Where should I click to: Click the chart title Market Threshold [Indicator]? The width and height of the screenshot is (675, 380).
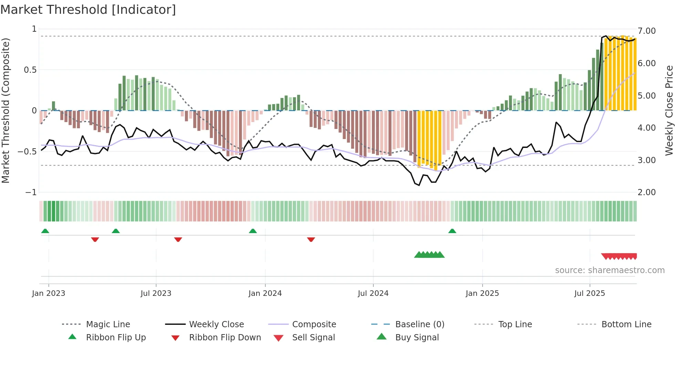88,10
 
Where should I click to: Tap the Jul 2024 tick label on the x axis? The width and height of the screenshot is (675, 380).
373,293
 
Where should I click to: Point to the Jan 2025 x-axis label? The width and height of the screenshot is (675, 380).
482,293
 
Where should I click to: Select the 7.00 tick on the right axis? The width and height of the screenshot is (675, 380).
647,31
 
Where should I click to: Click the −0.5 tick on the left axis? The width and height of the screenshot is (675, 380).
28,151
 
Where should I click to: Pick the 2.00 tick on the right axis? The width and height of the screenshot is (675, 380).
647,192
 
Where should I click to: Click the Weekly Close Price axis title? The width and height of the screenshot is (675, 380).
669,110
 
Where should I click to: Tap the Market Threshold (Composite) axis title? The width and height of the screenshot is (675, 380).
6,110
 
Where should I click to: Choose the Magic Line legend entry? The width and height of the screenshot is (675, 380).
108,324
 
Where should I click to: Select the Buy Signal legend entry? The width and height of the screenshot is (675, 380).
417,338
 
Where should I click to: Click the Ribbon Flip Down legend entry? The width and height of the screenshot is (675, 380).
225,338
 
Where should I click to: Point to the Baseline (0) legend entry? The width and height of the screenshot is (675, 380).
419,324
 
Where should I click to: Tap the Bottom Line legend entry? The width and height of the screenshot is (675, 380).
626,324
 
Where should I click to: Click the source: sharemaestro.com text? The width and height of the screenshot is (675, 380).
610,270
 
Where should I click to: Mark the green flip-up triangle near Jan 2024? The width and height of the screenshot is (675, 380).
253,231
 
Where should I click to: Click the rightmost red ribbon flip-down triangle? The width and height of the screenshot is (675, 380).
311,239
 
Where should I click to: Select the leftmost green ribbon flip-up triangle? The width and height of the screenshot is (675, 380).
45,231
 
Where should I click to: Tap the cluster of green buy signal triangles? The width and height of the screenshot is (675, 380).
429,255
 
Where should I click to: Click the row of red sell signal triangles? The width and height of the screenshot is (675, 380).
619,257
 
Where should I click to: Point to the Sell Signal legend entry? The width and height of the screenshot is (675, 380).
313,338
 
